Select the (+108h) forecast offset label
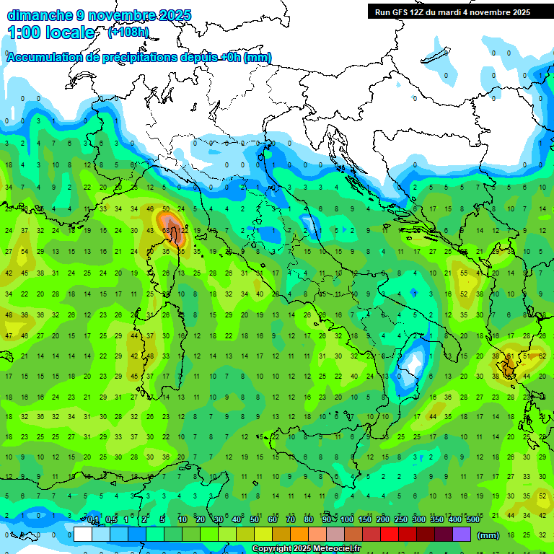[128, 32]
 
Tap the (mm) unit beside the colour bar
[488, 535]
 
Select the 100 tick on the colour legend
[346, 520]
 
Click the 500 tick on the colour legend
[472, 520]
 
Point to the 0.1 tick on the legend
[93, 520]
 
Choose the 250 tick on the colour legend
[400, 520]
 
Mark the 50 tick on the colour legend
[255, 520]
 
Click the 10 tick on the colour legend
[183, 520]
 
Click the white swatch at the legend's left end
[83, 535]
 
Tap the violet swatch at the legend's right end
[462, 535]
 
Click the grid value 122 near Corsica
[184, 230]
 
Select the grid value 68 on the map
[167, 230]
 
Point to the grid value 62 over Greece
[542, 356]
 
